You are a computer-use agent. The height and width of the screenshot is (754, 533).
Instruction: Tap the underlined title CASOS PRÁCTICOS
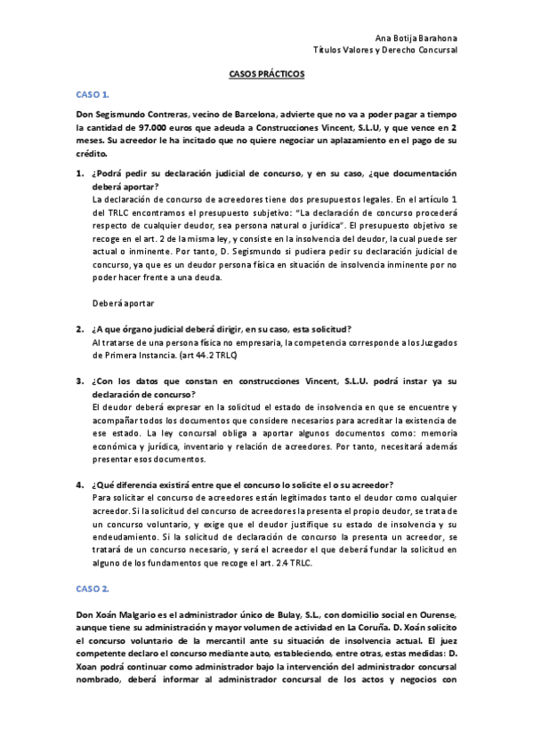[x=266, y=75]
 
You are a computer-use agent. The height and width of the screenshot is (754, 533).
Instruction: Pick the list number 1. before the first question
[x=79, y=173]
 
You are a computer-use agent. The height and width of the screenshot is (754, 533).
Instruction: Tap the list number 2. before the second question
[x=79, y=329]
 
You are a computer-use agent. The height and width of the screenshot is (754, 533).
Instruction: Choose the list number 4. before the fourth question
[x=79, y=485]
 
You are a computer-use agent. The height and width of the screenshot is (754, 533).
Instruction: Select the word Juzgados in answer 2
[x=440, y=342]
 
